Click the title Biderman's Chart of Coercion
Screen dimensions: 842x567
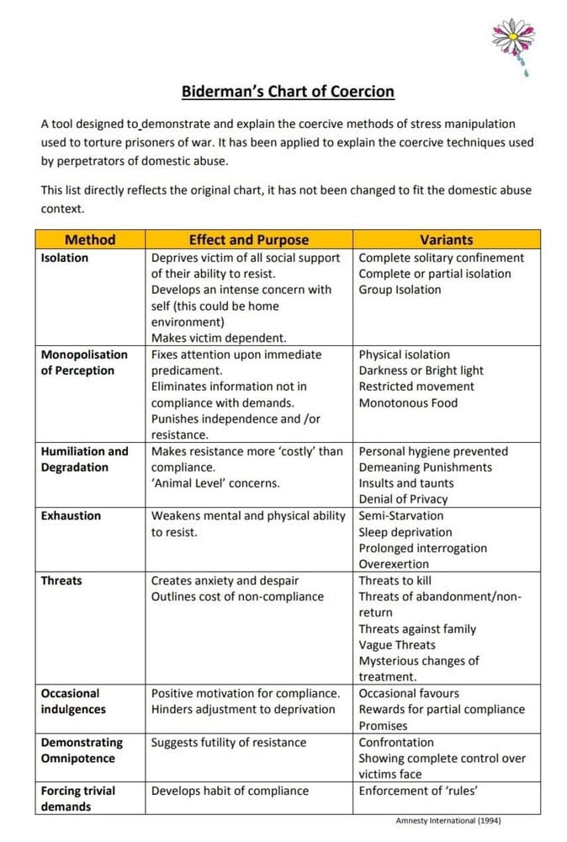288,92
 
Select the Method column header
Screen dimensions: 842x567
90,240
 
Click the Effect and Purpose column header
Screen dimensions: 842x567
248,240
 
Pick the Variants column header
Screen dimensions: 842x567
446,240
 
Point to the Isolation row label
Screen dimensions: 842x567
64,258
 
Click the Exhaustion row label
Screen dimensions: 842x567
71,515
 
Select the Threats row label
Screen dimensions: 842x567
61,580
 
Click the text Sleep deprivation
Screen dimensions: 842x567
405,532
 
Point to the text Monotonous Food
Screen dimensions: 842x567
408,402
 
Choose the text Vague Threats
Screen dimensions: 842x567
399,645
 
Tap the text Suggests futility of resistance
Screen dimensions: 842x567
229,743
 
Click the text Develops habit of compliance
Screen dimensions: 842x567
230,791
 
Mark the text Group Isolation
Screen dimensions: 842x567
400,290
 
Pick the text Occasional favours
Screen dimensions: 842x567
409,693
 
